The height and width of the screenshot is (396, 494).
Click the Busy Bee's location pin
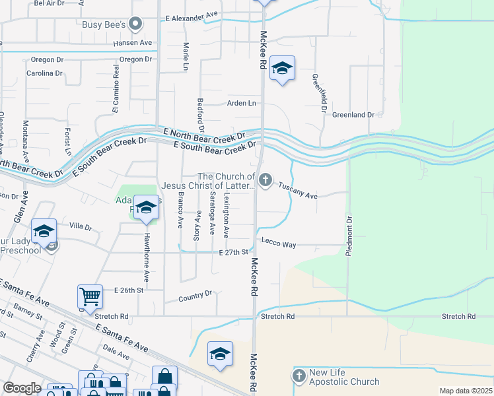(136, 25)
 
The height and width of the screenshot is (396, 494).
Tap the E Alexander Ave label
(192, 14)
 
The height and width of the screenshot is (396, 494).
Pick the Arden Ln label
(241, 103)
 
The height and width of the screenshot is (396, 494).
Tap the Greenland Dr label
(353, 115)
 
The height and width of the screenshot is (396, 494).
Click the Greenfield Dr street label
(320, 92)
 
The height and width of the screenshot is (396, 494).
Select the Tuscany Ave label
(298, 191)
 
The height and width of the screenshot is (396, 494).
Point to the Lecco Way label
(279, 244)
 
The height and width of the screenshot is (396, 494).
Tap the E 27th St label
(234, 252)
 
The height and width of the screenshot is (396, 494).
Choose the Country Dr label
(195, 297)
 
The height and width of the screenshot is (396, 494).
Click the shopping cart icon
(90, 296)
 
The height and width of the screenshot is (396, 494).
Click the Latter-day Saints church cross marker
(265, 180)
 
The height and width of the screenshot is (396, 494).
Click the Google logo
(22, 388)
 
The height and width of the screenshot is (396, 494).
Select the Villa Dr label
(81, 226)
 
